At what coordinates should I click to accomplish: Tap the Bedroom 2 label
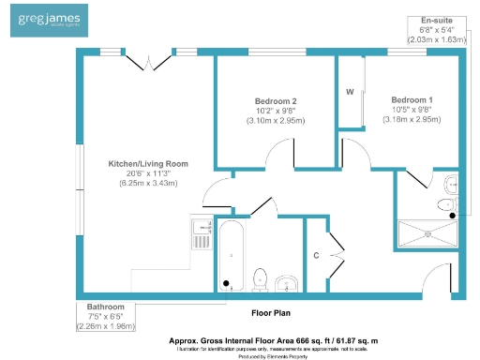point(276,101)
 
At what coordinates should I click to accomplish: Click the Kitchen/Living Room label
point(147,163)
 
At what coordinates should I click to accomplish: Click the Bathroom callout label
point(105,307)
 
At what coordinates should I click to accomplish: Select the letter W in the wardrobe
point(349,92)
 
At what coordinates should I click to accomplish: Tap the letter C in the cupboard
point(317,254)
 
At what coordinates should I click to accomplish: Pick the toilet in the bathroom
point(262,279)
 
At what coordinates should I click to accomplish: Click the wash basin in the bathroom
point(289,283)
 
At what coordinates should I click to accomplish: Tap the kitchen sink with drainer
point(202,232)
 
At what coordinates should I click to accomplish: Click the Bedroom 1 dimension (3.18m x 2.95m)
point(412,120)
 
